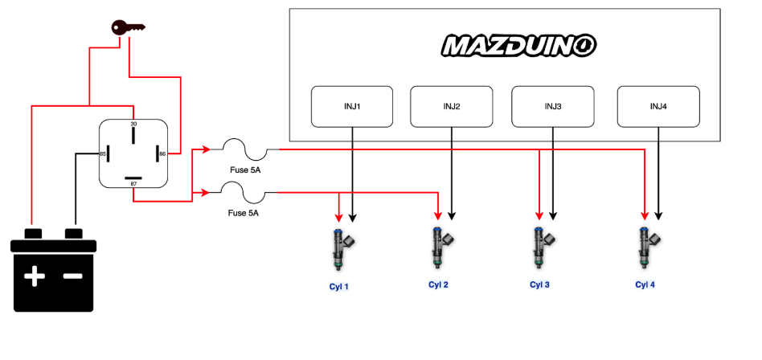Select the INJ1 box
352,106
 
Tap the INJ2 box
451,106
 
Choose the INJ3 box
553,106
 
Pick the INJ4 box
658,106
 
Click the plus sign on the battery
34,277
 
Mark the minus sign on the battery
72,277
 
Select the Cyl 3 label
540,284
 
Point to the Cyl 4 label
645,284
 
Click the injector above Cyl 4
646,249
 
